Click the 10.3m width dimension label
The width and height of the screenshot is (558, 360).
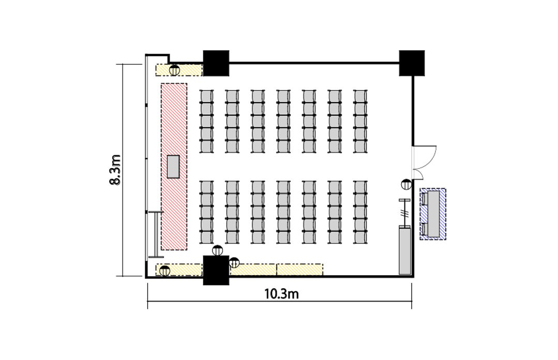point(281,294)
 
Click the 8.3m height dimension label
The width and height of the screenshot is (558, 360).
point(115,170)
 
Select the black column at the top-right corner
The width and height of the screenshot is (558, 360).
point(412,63)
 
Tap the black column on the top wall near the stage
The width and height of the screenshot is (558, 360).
point(216,63)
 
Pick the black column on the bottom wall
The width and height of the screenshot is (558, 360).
point(216,271)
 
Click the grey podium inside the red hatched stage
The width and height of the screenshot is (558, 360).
point(174,167)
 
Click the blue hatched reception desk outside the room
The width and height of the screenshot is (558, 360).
point(433,214)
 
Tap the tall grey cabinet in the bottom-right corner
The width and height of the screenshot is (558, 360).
point(404,251)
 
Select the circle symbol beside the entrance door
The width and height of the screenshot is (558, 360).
point(406,185)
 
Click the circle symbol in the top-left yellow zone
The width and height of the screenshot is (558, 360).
point(174,70)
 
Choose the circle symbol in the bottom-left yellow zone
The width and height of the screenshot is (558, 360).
point(164,271)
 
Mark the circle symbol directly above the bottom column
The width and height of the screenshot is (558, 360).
point(217,251)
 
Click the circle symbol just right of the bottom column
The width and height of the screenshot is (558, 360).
point(234,262)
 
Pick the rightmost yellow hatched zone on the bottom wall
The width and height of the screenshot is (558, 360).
point(299,269)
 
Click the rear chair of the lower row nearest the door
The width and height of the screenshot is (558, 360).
point(360,237)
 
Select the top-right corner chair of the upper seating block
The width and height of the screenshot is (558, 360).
point(360,96)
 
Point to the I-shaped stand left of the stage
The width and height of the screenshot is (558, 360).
point(156,234)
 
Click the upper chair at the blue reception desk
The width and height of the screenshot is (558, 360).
point(425,198)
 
